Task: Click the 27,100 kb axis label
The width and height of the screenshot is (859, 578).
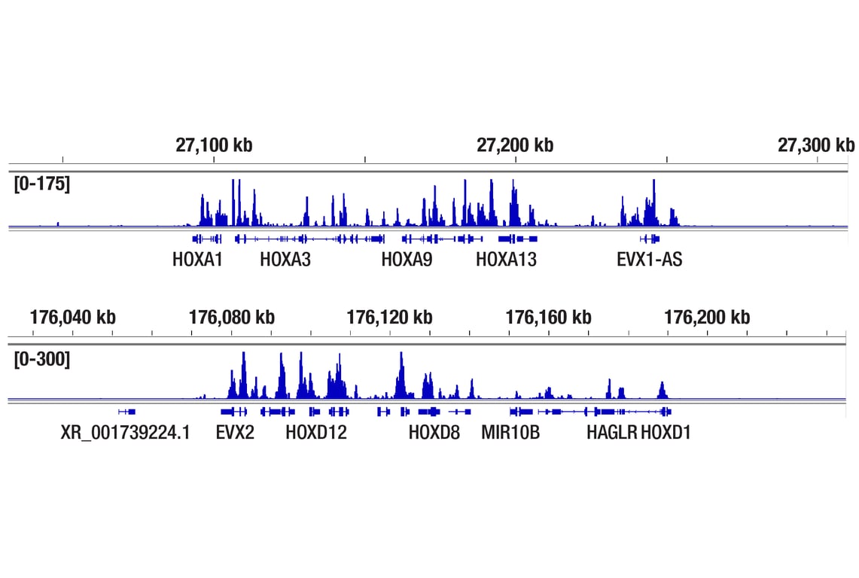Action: tap(214, 144)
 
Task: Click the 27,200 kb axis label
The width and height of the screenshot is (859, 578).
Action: tap(515, 144)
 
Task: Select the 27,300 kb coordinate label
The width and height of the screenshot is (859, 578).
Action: tap(816, 144)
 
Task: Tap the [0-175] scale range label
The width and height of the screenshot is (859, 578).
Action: tap(42, 184)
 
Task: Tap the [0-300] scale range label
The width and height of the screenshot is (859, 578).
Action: tap(42, 359)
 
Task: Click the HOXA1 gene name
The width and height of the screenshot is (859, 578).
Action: tap(197, 260)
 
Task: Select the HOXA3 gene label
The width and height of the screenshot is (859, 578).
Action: tap(285, 260)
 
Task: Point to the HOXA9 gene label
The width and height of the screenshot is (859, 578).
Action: tap(407, 260)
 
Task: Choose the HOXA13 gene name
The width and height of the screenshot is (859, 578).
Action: tap(506, 260)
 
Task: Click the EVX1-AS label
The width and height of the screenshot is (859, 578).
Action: tap(650, 260)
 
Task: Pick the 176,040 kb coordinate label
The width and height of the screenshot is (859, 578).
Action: tap(73, 317)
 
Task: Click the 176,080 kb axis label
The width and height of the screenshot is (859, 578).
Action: tap(231, 317)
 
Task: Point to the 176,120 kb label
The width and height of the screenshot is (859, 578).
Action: tap(389, 317)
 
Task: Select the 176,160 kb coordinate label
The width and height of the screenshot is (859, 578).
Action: tap(548, 317)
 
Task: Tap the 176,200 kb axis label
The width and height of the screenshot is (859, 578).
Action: tap(707, 317)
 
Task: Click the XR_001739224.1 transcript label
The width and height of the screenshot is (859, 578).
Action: tap(126, 433)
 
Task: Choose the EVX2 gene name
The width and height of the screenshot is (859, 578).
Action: tap(235, 433)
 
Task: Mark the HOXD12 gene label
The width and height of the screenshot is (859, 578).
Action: tap(316, 433)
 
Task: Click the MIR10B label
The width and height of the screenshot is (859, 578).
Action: tap(510, 433)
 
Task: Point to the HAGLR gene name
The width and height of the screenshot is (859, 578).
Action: tap(611, 433)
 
